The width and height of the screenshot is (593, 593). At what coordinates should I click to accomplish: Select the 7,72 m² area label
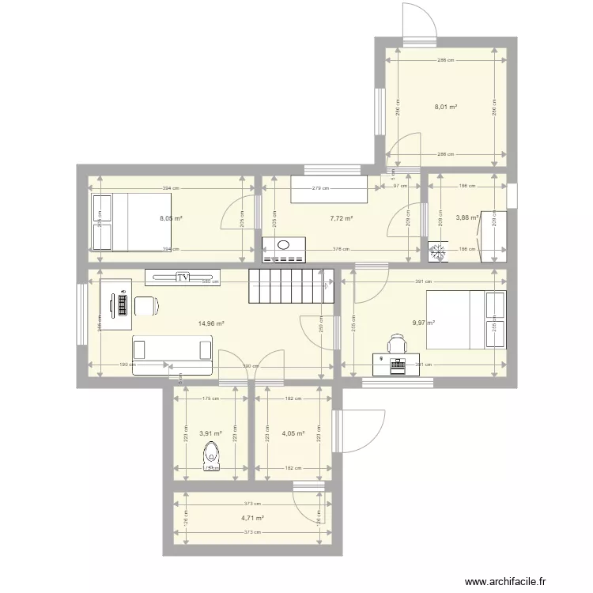[341, 218]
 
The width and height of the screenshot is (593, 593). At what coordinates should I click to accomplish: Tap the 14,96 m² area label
[211, 323]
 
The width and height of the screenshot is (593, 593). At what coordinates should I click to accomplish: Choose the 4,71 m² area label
[252, 518]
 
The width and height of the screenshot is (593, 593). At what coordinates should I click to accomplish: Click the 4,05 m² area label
[293, 433]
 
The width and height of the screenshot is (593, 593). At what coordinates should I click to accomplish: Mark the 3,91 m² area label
[210, 433]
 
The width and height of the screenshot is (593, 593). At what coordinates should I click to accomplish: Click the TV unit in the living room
[183, 278]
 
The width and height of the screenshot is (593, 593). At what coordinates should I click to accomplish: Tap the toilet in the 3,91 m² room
[211, 457]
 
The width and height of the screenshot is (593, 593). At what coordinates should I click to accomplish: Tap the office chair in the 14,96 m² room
[147, 306]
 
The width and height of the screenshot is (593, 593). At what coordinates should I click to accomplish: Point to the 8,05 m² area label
[171, 218]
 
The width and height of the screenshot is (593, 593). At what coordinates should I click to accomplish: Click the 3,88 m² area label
[467, 218]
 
